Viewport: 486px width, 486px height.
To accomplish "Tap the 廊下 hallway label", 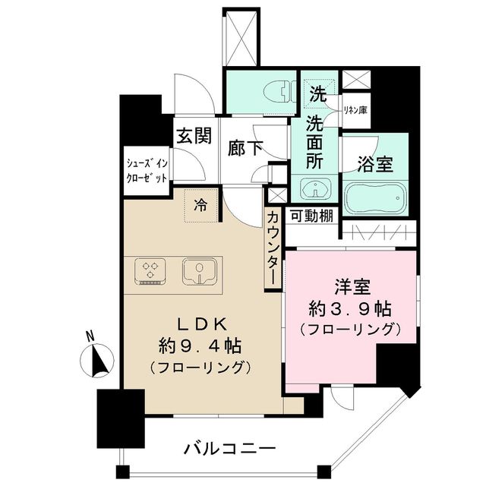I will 247,147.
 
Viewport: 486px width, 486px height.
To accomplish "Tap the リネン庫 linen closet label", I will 355,110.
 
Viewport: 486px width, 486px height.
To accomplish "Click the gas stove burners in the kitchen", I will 150,270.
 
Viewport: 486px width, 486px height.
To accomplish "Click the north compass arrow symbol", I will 97,358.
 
